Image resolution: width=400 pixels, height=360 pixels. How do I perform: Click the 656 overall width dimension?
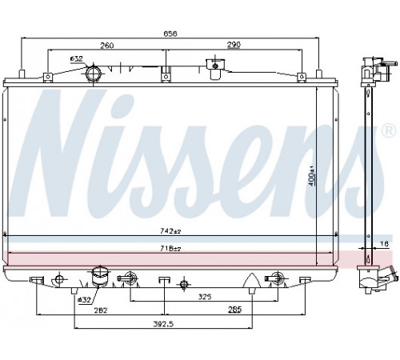tap(170, 34)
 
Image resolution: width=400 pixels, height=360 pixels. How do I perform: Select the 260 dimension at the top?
tap(107, 46)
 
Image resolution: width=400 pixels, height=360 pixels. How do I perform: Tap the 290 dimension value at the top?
tap(234, 45)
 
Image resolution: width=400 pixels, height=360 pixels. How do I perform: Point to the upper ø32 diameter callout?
tap(77, 58)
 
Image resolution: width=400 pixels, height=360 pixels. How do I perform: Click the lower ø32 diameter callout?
tap(84, 300)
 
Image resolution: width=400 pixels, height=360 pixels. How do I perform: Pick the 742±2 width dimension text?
tap(170, 231)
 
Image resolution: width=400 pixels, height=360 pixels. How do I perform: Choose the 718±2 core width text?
tap(170, 249)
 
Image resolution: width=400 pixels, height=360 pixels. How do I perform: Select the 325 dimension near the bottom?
tap(205, 297)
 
